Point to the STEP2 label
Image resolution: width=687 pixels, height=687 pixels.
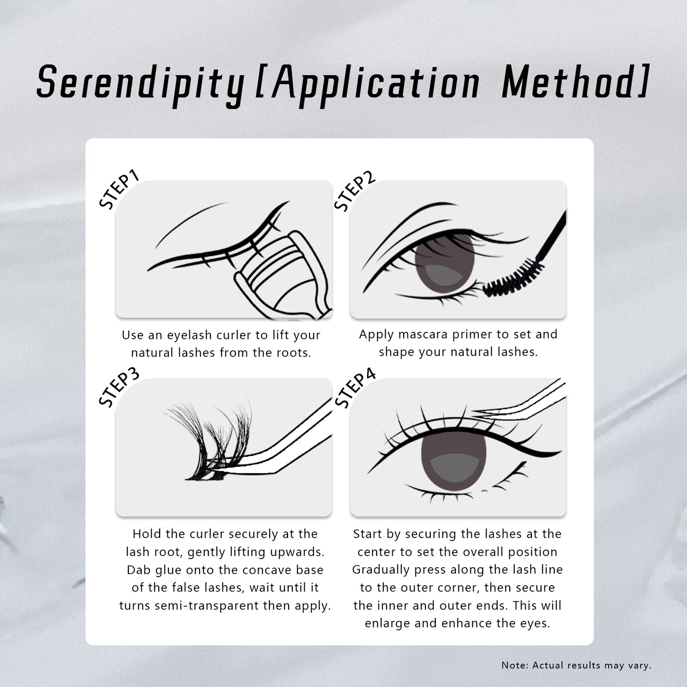tap(354, 191)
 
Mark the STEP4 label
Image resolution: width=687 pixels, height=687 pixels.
tap(355, 388)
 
